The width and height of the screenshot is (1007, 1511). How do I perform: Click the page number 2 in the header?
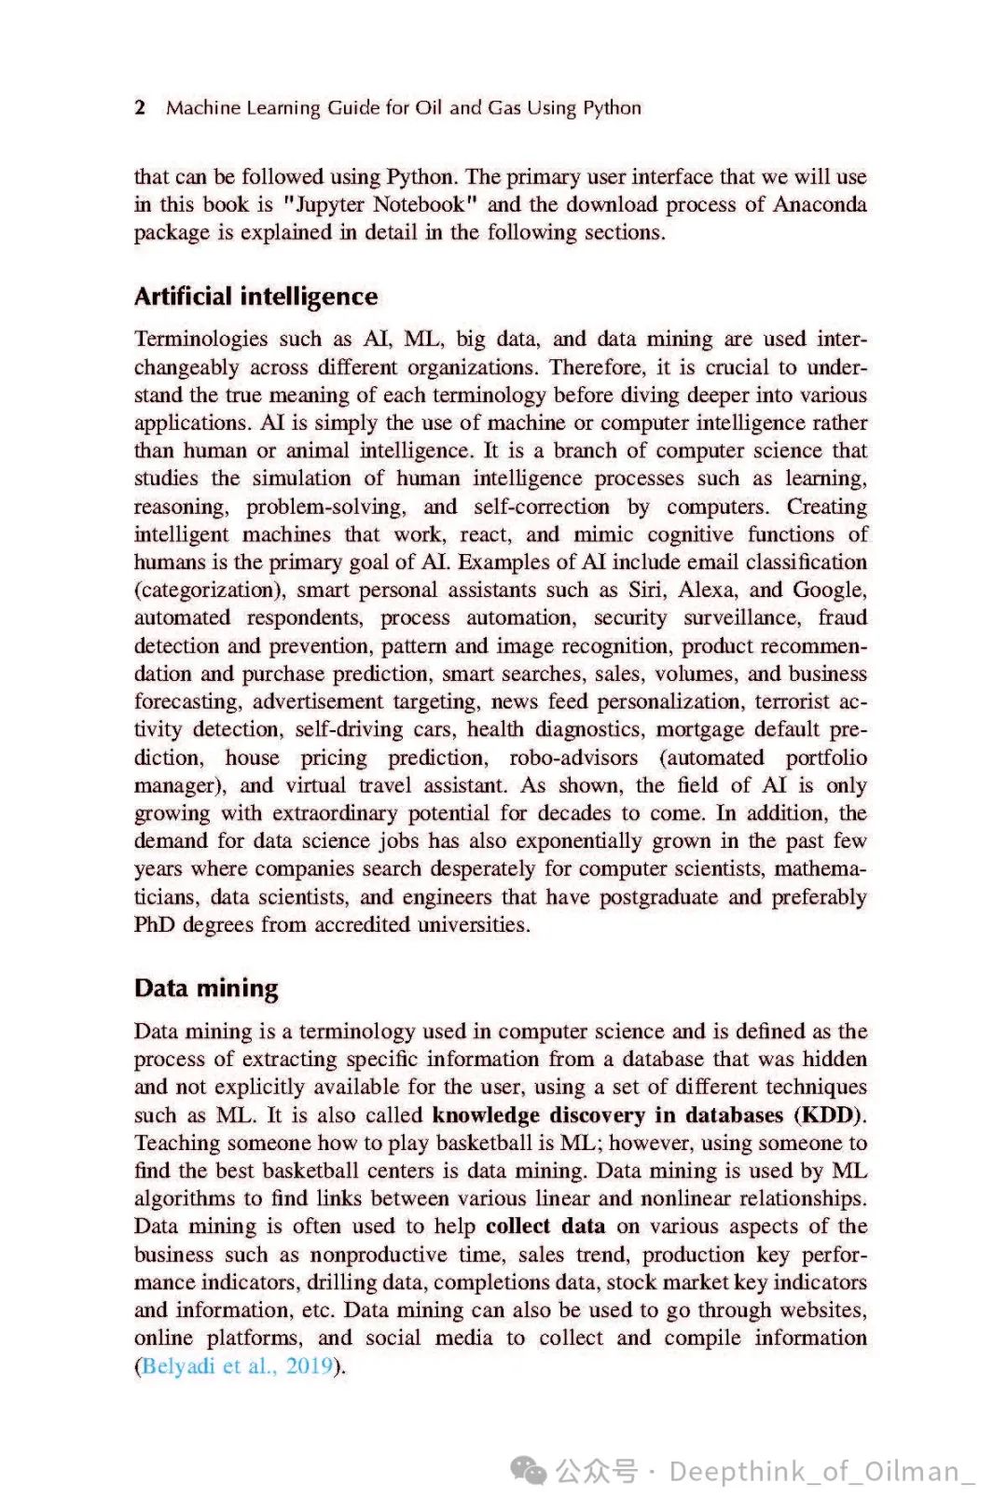(140, 107)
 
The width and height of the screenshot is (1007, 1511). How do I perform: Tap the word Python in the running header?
(612, 108)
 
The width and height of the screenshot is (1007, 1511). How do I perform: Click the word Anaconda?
(820, 204)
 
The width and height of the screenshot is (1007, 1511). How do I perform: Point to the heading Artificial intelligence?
(255, 297)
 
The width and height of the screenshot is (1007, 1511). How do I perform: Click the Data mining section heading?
(206, 988)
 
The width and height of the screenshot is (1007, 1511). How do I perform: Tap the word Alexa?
(707, 589)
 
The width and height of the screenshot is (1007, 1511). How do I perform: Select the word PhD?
(154, 924)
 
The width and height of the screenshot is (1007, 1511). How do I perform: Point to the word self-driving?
(342, 729)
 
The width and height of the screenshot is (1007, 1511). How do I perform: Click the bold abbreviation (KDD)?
(830, 1115)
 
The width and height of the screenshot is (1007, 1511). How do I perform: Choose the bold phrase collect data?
(545, 1227)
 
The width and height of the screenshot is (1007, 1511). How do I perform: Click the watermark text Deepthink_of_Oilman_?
(821, 1472)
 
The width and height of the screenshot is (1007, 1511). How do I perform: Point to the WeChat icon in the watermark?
(530, 1472)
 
